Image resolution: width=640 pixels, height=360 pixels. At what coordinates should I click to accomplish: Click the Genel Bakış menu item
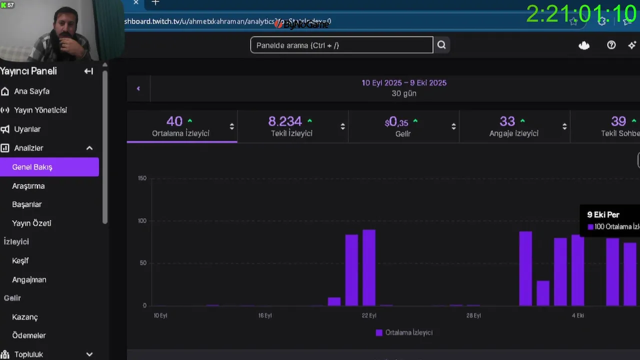(32, 167)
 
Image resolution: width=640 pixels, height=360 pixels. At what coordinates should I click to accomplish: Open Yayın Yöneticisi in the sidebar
(40, 110)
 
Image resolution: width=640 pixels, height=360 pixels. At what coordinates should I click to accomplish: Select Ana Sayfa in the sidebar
(31, 91)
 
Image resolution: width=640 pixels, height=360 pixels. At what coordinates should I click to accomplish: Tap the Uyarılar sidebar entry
(27, 129)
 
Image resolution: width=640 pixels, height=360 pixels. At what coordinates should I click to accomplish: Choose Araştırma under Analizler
(28, 186)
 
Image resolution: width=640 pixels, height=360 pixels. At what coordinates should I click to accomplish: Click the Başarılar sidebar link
(27, 204)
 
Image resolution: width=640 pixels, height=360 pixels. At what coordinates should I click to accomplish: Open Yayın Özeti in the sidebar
(31, 223)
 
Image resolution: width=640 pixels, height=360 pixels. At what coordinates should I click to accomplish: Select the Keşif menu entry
(20, 260)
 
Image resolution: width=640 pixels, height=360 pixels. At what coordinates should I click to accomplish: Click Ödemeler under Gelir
(29, 335)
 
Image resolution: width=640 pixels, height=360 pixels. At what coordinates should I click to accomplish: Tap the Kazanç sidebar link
(25, 317)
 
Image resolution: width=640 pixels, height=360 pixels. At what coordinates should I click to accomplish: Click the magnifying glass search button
(441, 45)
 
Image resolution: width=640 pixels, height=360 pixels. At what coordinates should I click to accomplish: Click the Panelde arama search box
(341, 45)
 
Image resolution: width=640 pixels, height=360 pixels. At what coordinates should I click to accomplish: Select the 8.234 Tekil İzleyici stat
(292, 126)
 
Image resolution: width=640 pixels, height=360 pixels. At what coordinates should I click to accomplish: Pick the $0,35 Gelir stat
(403, 126)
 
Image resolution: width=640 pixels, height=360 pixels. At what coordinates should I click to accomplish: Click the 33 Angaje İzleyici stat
(514, 126)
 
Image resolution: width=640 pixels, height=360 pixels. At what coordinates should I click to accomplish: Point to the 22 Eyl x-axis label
(369, 315)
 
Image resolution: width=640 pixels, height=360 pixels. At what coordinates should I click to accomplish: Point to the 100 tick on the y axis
(142, 221)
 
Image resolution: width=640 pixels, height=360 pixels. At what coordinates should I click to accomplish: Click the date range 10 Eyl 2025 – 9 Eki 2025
(404, 83)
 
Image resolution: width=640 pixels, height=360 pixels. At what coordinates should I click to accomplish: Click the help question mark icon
(611, 45)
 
